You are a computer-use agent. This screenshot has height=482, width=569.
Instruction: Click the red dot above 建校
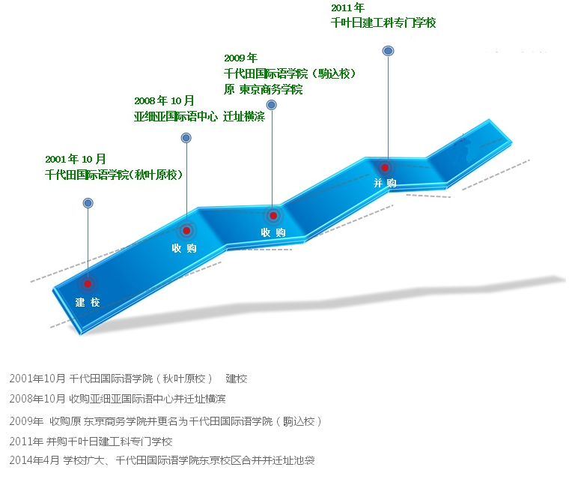point(88,283)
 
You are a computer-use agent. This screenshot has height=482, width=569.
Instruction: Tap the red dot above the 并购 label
point(385,167)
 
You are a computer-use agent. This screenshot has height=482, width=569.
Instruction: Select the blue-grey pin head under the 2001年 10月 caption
point(88,203)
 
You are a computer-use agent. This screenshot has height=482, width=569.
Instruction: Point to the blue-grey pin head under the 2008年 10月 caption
point(186,138)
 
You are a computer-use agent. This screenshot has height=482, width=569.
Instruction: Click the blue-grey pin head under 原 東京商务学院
point(272,105)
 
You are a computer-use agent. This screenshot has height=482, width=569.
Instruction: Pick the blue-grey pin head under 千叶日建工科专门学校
point(389,51)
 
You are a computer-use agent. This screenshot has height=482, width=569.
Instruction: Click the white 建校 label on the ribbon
point(88,302)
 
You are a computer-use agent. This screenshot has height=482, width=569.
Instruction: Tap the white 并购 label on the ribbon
point(385,183)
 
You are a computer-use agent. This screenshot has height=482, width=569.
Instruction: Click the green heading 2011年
point(347,7)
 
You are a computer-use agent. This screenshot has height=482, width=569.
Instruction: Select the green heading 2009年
point(240,58)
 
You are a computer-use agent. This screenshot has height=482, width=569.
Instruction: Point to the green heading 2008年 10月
point(164,100)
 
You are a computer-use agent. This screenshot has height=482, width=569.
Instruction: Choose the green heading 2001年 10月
point(76,159)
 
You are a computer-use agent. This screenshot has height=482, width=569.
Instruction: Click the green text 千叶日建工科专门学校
point(383,23)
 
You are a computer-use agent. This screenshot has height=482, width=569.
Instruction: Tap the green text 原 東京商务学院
point(263,89)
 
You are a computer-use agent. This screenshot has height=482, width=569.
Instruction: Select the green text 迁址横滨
point(244,117)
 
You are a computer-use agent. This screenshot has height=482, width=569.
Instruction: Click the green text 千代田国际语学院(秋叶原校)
point(114,175)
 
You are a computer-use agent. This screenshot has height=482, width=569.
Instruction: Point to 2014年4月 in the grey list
point(34,460)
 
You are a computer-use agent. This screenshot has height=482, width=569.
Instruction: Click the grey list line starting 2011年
point(91,442)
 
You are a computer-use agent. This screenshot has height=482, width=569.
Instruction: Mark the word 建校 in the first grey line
point(237,379)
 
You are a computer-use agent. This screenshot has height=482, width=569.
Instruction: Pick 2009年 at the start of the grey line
point(26,421)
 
